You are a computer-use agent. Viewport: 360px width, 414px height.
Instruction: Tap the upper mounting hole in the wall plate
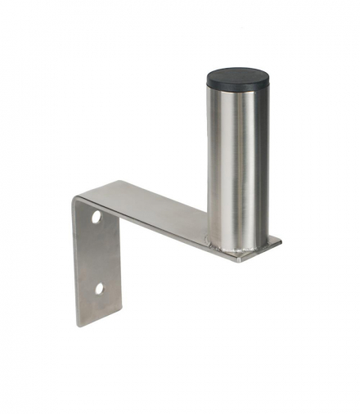[97, 218]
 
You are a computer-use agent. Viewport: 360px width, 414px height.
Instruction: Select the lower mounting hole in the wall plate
[98, 288]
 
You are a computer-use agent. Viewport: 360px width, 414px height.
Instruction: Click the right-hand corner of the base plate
[281, 241]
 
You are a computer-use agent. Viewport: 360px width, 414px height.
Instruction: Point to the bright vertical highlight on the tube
[224, 164]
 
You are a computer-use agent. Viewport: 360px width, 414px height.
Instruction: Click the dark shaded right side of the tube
[259, 164]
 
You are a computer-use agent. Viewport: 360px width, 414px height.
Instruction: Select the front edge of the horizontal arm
[164, 227]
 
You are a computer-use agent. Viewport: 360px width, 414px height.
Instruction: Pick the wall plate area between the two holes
[97, 254]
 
